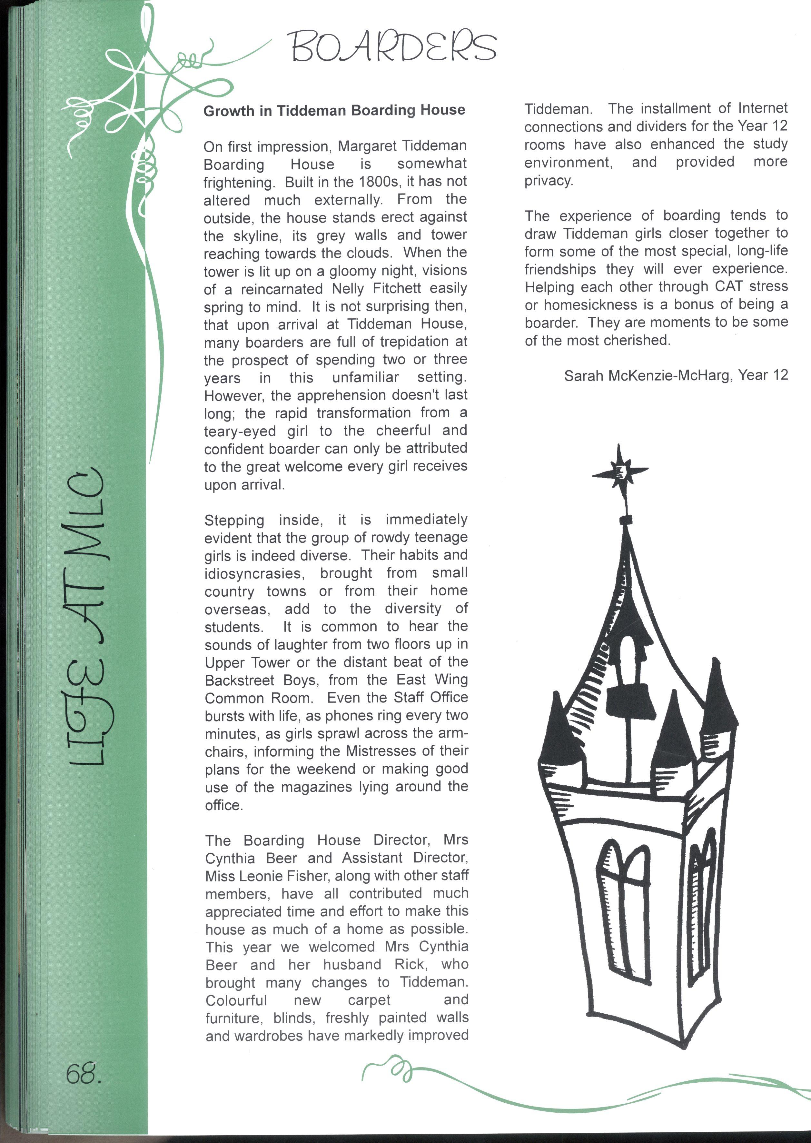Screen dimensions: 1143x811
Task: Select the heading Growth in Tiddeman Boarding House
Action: [334, 110]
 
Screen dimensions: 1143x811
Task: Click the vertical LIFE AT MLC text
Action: [86, 614]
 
